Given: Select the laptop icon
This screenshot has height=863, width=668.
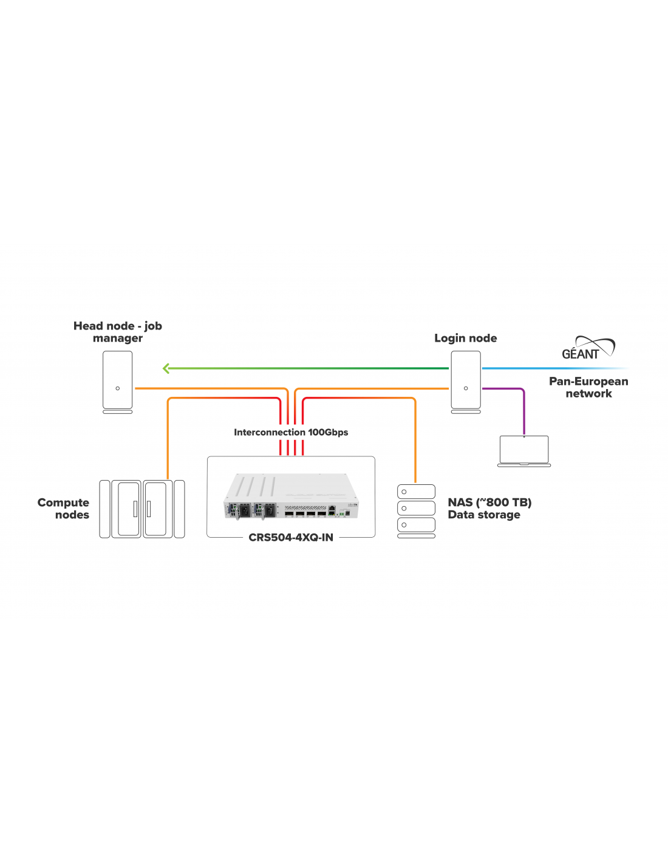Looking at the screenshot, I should point(523,450).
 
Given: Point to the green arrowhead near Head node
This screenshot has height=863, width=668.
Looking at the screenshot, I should point(166,368).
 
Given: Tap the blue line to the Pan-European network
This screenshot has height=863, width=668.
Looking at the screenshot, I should point(547,368).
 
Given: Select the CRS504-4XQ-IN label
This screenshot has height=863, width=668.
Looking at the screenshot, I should point(291,538).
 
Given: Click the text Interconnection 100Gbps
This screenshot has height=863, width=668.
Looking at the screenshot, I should point(291,433).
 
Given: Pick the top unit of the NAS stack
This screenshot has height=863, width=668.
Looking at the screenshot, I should point(416,492).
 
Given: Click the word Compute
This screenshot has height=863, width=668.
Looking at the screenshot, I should point(63,503).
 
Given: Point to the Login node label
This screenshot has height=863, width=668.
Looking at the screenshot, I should point(465,338).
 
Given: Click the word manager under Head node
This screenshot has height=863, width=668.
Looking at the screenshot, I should point(118,339).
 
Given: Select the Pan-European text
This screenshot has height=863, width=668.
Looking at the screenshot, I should point(588,382).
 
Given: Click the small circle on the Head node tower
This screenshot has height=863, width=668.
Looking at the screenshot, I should point(118,388).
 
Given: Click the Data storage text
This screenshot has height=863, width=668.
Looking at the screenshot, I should point(484,515).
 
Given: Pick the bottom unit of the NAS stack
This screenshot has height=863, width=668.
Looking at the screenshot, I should point(416,525).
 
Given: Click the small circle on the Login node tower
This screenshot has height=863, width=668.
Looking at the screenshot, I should point(466,388).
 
